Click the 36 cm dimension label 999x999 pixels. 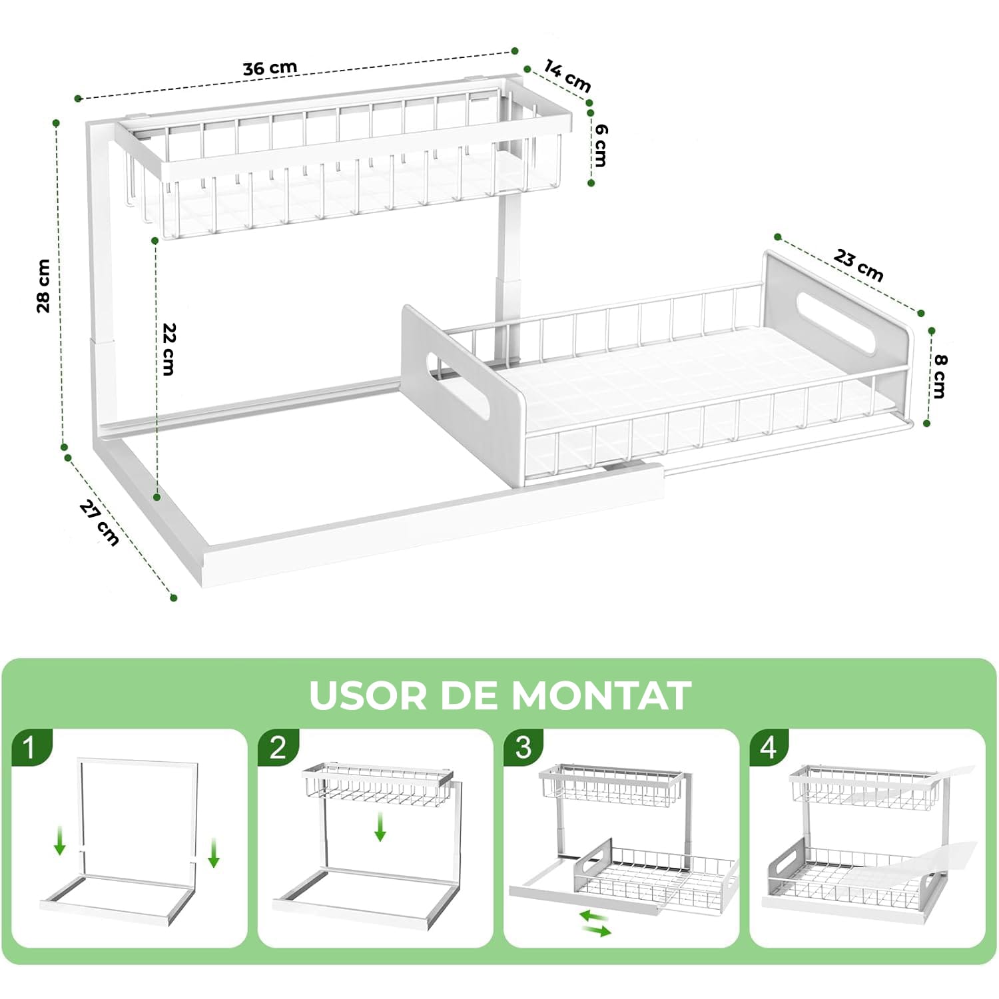tap(270, 68)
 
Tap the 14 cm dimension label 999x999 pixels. tap(568, 76)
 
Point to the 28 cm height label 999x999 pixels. tap(43, 286)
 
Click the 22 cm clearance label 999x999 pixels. tap(169, 349)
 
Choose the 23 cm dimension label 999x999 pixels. tap(858, 265)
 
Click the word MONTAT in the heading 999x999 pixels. tap(601, 696)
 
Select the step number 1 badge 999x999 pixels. tap(31, 748)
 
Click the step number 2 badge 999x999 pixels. tap(278, 748)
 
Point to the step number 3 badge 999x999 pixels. tap(523, 748)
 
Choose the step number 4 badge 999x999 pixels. tap(769, 748)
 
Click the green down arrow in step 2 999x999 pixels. tap(380, 827)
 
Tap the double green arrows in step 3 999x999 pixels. tap(595, 923)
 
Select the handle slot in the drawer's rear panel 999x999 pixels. tap(835, 322)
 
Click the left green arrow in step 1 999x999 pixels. tap(60, 840)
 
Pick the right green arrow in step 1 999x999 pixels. tap(213, 853)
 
